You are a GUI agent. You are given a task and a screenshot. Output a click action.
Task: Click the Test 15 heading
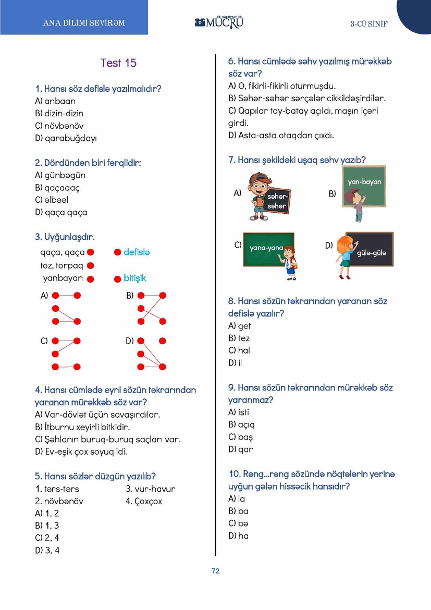point(118,63)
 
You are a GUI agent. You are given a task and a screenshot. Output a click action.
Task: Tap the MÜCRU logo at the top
point(219,22)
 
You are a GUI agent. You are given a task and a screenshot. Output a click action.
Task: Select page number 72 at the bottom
point(215,571)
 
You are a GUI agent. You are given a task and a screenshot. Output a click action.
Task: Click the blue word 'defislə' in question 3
point(137,252)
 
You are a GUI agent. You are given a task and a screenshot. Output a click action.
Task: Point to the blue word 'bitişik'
point(134,278)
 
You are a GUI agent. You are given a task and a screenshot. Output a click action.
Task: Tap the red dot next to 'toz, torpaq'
point(90,266)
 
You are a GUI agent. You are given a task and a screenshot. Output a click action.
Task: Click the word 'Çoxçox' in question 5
point(144,502)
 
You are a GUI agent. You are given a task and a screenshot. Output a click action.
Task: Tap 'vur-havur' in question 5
point(151,489)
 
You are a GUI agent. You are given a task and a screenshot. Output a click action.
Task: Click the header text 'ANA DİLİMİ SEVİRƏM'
point(84,23)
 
